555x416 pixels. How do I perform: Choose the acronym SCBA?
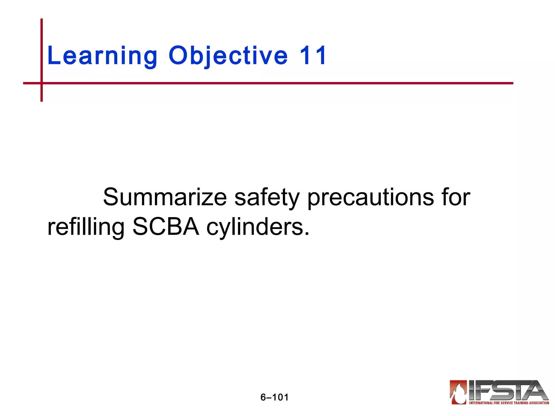(x=166, y=227)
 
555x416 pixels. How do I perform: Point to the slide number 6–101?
(x=275, y=397)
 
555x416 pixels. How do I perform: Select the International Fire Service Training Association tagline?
(x=509, y=403)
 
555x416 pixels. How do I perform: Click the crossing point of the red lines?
(x=41, y=83)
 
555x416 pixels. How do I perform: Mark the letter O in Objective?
(x=178, y=56)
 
